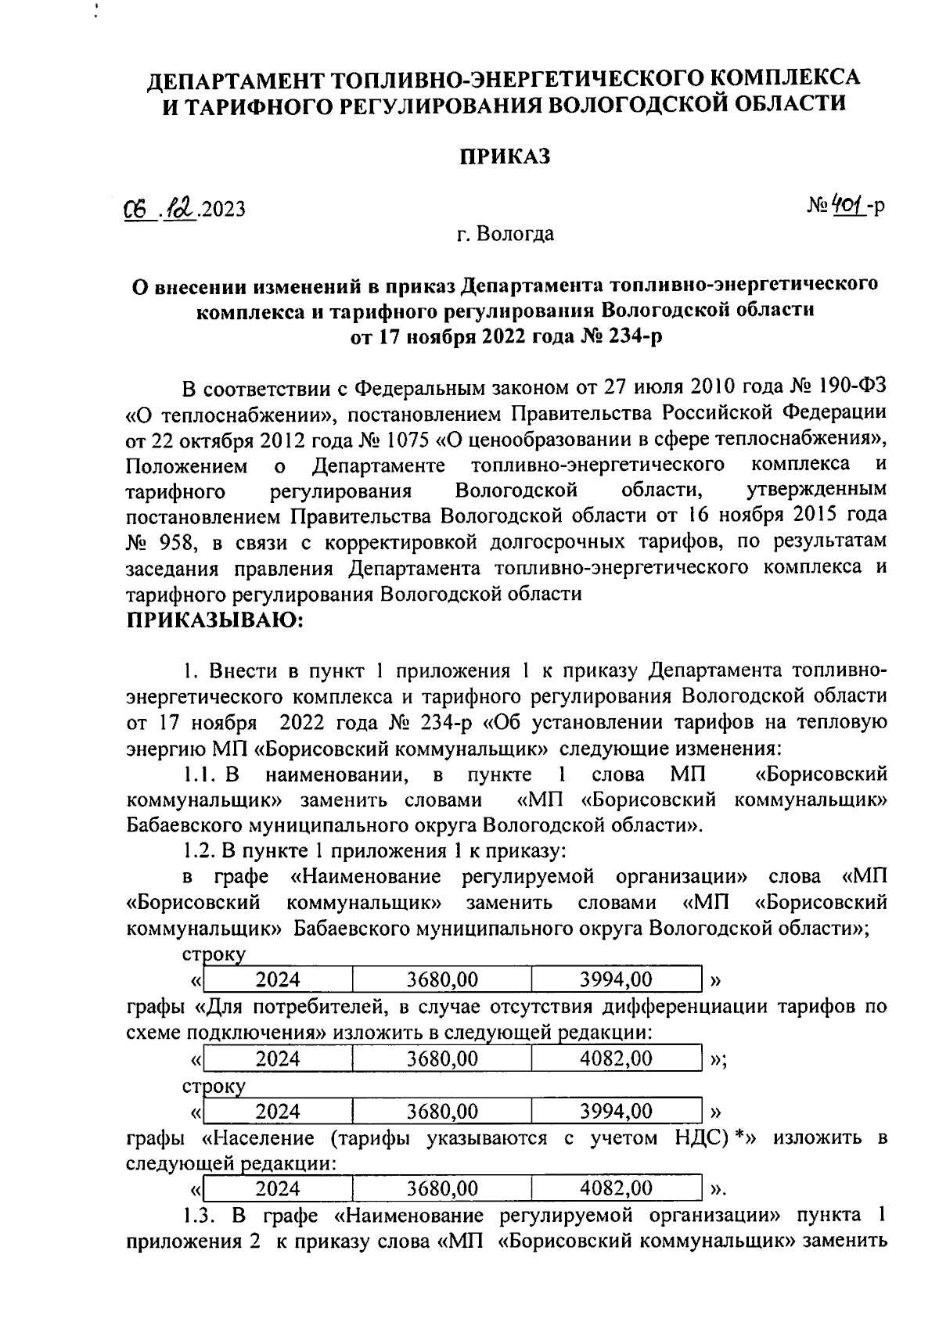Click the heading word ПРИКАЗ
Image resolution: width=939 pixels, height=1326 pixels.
click(x=504, y=156)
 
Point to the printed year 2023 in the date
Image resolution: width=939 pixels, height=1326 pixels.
click(x=223, y=209)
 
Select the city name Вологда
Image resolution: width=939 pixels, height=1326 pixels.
click(x=516, y=233)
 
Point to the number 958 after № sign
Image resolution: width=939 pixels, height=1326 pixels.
click(x=183, y=542)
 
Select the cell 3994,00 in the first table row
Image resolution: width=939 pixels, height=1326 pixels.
click(x=616, y=979)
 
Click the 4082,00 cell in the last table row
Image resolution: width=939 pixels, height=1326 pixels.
click(x=616, y=1188)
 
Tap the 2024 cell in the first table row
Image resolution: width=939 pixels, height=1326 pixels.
click(x=278, y=979)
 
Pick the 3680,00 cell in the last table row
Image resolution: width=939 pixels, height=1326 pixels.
click(x=442, y=1188)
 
